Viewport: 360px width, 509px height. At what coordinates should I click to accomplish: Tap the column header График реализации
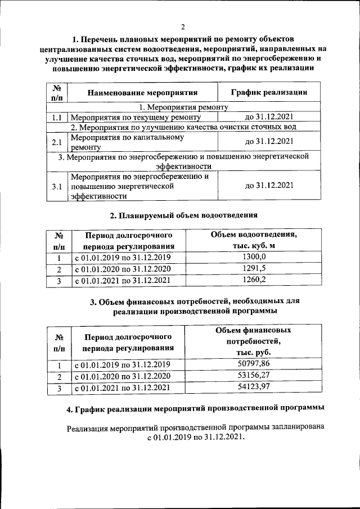click(269, 92)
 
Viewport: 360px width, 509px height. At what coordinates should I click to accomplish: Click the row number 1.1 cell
click(56, 118)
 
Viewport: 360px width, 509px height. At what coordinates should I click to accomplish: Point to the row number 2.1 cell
click(56, 142)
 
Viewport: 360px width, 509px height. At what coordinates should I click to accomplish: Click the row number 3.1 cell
click(56, 186)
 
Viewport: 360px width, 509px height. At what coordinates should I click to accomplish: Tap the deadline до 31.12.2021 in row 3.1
click(269, 186)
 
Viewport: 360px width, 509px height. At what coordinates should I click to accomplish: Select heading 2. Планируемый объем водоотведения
click(183, 215)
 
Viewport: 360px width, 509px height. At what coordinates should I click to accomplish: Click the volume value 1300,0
click(253, 257)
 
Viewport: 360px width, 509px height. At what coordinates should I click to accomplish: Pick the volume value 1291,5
click(253, 268)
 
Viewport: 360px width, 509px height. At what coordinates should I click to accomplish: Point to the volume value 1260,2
click(253, 279)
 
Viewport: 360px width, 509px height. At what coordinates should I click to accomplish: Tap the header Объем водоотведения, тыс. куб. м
click(253, 240)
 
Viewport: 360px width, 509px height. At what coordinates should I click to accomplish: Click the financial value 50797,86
click(253, 364)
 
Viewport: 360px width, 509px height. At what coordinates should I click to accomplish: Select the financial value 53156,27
click(253, 376)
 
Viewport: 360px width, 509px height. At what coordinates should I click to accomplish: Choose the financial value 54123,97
click(253, 387)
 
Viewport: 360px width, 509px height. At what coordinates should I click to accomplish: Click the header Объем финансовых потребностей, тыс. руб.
click(253, 341)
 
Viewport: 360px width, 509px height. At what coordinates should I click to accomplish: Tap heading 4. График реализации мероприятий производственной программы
click(195, 407)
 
